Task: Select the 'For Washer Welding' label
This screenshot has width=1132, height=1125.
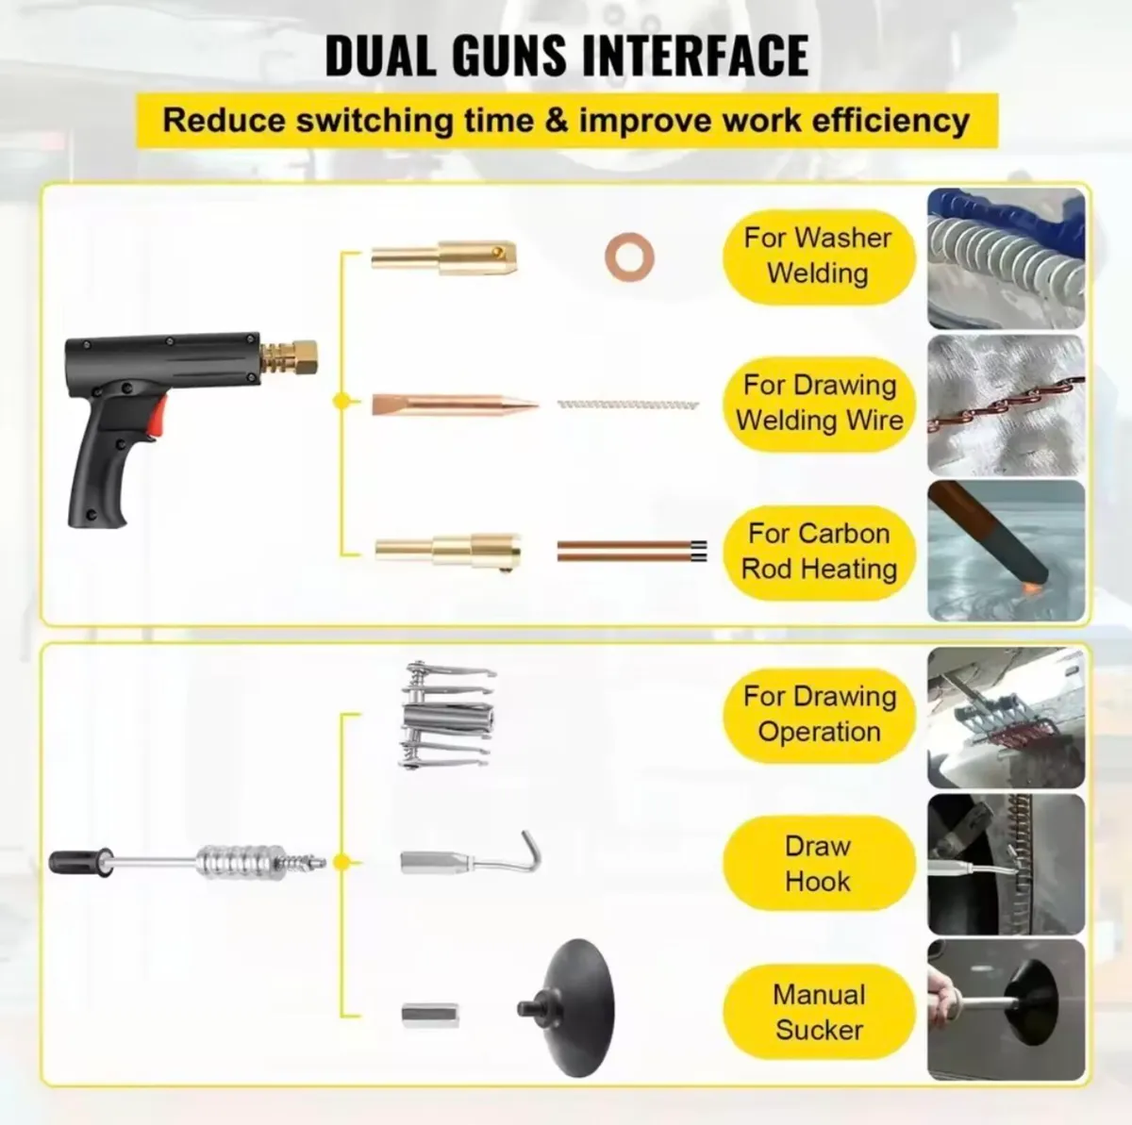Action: [x=818, y=256]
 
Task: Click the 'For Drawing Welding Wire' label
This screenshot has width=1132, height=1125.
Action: [x=819, y=404]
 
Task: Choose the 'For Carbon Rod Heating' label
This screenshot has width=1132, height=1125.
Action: [x=819, y=552]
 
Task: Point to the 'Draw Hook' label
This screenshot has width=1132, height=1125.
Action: [x=819, y=864]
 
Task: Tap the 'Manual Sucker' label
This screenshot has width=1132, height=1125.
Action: [x=819, y=1012]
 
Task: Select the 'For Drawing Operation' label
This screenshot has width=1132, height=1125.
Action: [x=819, y=715]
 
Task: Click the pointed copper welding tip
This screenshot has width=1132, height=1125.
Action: [x=455, y=405]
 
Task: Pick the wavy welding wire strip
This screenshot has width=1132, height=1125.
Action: [x=628, y=405]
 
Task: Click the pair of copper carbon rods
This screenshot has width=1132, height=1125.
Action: [x=631, y=552]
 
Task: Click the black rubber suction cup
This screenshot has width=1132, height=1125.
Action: [x=567, y=1008]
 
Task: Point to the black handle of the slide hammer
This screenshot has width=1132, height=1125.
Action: [x=80, y=863]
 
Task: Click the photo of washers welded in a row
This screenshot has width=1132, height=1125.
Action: [x=1006, y=258]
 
